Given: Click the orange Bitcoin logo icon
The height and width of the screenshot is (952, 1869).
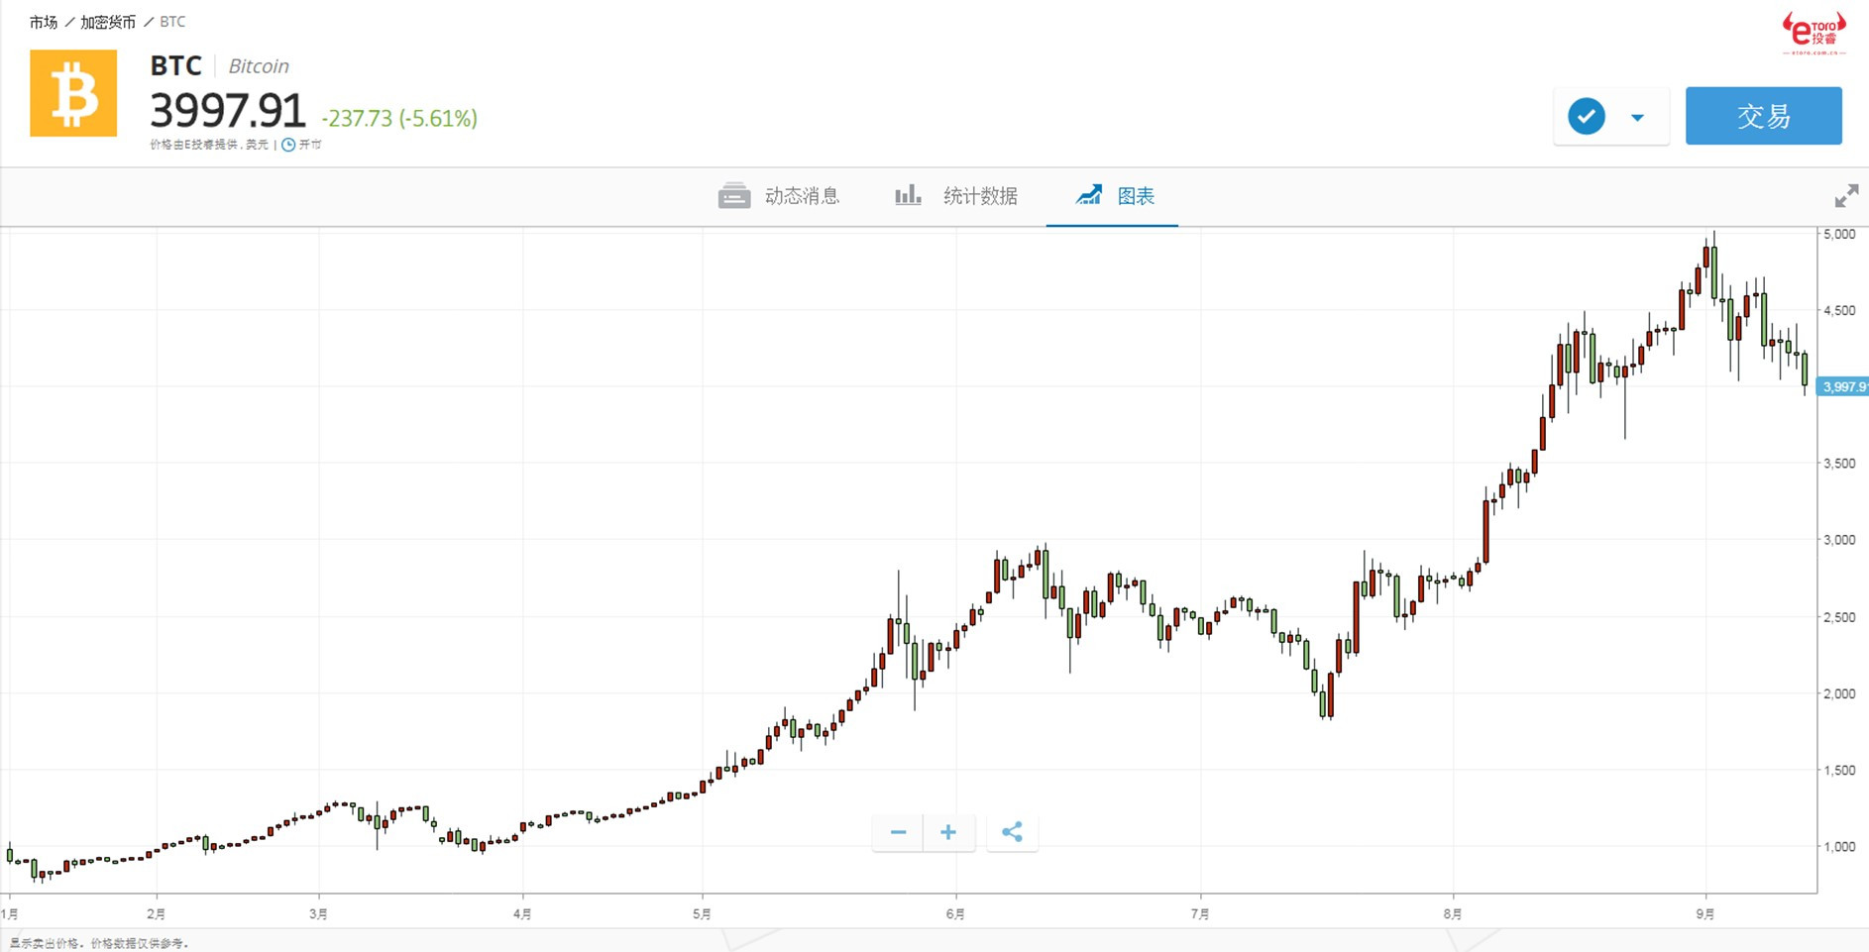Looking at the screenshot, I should [x=73, y=93].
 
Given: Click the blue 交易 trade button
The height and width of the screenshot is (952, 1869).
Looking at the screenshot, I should [x=1763, y=116].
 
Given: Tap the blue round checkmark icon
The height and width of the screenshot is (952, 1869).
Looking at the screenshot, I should [x=1586, y=117].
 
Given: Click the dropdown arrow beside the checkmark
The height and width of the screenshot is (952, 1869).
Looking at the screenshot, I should [x=1637, y=118].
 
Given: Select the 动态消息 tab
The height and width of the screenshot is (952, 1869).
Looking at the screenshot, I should [x=780, y=196].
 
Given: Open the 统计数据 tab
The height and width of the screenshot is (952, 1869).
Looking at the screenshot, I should [x=957, y=196].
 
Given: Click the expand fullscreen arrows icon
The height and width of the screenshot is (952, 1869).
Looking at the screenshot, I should [x=1845, y=196].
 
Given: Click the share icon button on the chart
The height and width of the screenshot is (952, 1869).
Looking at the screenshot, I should [x=1012, y=832].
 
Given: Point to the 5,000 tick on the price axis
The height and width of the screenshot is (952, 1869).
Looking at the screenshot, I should [x=1839, y=235].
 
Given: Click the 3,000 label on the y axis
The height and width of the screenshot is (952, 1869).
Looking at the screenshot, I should [x=1839, y=540].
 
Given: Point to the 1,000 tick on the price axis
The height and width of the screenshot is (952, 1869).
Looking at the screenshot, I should [x=1839, y=847].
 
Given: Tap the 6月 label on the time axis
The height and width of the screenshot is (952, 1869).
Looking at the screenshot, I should [x=955, y=914].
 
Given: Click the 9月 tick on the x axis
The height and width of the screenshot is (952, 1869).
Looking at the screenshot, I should [x=1704, y=914].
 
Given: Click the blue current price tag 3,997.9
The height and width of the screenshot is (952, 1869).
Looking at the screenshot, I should [x=1843, y=387].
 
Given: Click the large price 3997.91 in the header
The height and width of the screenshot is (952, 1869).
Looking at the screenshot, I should [x=228, y=110].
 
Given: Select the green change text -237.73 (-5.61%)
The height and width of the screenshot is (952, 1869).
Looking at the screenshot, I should [x=399, y=119].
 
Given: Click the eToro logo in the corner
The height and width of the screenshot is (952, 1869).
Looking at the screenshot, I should [x=1814, y=33].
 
